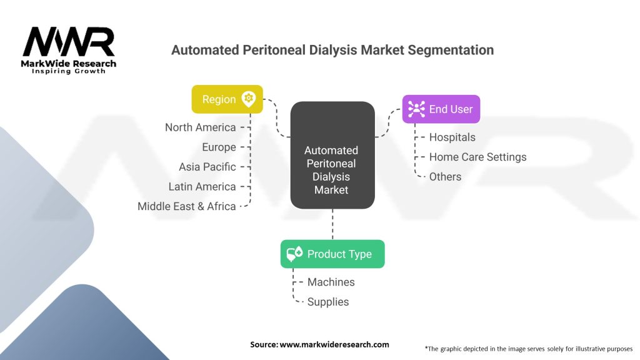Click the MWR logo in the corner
(69, 49)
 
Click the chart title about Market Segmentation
(332, 50)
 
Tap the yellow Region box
(227, 99)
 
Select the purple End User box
(441, 109)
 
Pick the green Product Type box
(332, 254)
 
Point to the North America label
(201, 127)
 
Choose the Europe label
(219, 147)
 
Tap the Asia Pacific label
(207, 167)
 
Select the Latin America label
(202, 187)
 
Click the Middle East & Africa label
(187, 206)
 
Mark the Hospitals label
(452, 137)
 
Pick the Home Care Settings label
(477, 157)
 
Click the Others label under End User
(445, 177)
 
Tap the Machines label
(331, 282)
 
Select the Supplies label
(327, 302)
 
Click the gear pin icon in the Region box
(249, 99)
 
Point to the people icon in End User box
(416, 109)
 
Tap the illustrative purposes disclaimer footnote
(528, 348)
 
